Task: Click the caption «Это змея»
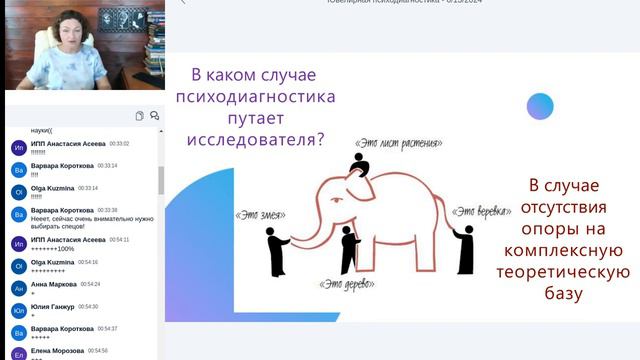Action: click(x=256, y=214)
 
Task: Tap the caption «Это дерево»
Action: click(x=341, y=287)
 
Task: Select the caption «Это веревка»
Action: click(x=482, y=211)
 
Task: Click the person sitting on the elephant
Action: click(x=361, y=164)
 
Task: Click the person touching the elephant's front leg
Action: click(x=348, y=249)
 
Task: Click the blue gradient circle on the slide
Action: click(x=540, y=107)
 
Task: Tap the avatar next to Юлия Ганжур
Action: click(x=18, y=312)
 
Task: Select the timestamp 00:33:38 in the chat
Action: click(x=107, y=210)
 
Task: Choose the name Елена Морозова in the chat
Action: click(x=57, y=351)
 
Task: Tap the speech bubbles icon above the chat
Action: click(x=155, y=116)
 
